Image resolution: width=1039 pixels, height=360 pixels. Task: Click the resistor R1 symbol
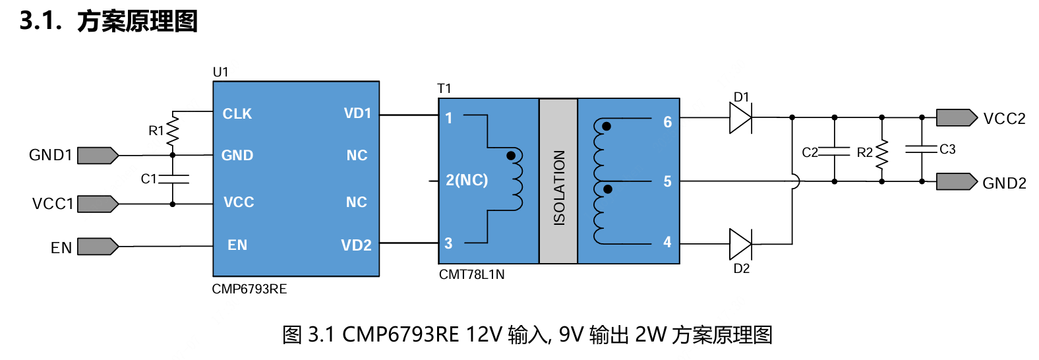coord(173,130)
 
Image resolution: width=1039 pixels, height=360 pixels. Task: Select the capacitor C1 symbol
coord(173,179)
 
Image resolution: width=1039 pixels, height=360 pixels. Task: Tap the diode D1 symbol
coord(740,119)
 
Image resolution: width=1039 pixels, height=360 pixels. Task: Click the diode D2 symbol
coord(740,244)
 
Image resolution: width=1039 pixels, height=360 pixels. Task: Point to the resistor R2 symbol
coord(882,153)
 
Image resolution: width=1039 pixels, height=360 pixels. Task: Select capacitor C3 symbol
coord(922,149)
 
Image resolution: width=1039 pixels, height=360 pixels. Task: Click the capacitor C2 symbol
coord(835,151)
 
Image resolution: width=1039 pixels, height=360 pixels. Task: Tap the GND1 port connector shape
coord(98,156)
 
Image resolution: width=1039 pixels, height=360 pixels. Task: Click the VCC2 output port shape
coord(956,118)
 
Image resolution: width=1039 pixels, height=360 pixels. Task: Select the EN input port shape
coord(98,247)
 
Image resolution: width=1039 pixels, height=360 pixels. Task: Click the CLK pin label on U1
coord(237,114)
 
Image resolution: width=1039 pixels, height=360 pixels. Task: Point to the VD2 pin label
coord(356,245)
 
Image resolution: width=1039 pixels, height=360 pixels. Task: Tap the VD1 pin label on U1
coord(357,113)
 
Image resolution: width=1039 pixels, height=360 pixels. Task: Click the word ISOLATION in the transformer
coord(559,187)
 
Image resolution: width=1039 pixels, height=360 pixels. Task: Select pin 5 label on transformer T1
coord(667,181)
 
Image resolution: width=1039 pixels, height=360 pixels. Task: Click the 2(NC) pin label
coord(467,180)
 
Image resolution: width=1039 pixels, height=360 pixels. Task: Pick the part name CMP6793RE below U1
coord(249,289)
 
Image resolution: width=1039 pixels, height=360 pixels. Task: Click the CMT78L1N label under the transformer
coord(472,275)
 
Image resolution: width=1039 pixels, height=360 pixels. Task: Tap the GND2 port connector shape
coord(956,181)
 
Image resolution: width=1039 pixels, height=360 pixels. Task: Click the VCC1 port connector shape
coord(98,204)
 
